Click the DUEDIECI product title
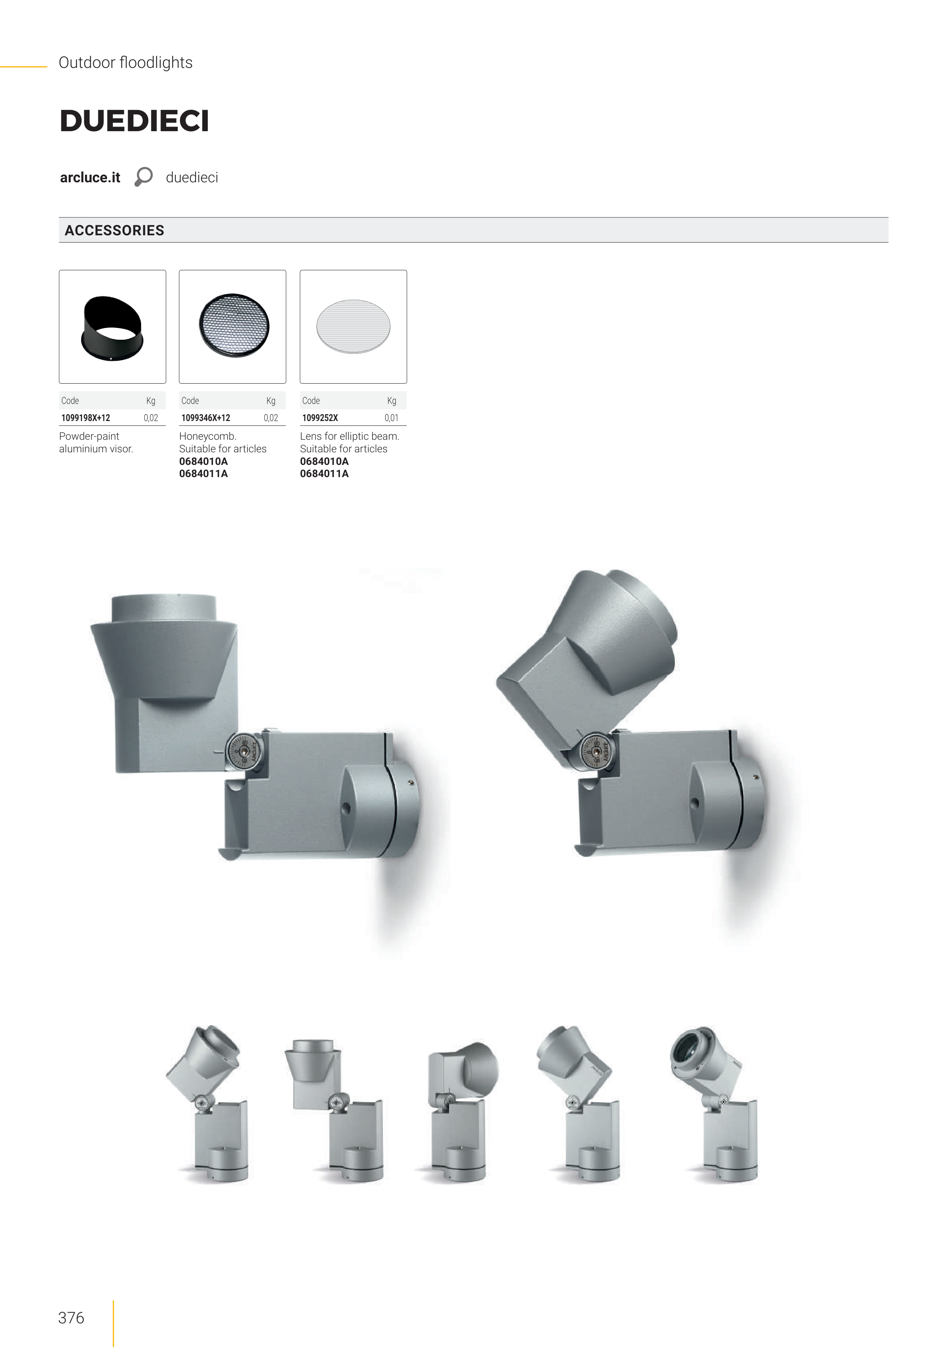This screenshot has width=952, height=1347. pos(134,121)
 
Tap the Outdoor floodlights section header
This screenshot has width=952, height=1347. pos(125,63)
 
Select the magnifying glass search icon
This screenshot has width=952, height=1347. pos(143,177)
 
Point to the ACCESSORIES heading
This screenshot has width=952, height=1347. pos(114,231)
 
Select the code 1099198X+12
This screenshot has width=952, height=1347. pos(86,418)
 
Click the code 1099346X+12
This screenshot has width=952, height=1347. pos(206,418)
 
